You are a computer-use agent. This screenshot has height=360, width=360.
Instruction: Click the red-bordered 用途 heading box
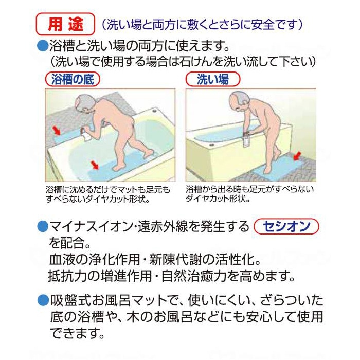65,24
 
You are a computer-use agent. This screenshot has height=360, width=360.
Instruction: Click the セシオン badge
287,227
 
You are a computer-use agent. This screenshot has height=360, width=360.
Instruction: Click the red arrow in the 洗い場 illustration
297,155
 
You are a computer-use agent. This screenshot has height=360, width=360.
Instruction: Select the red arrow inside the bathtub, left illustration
94,165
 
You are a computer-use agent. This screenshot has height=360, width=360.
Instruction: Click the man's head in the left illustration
82,104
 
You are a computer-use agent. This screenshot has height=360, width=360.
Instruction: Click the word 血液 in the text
62,257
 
